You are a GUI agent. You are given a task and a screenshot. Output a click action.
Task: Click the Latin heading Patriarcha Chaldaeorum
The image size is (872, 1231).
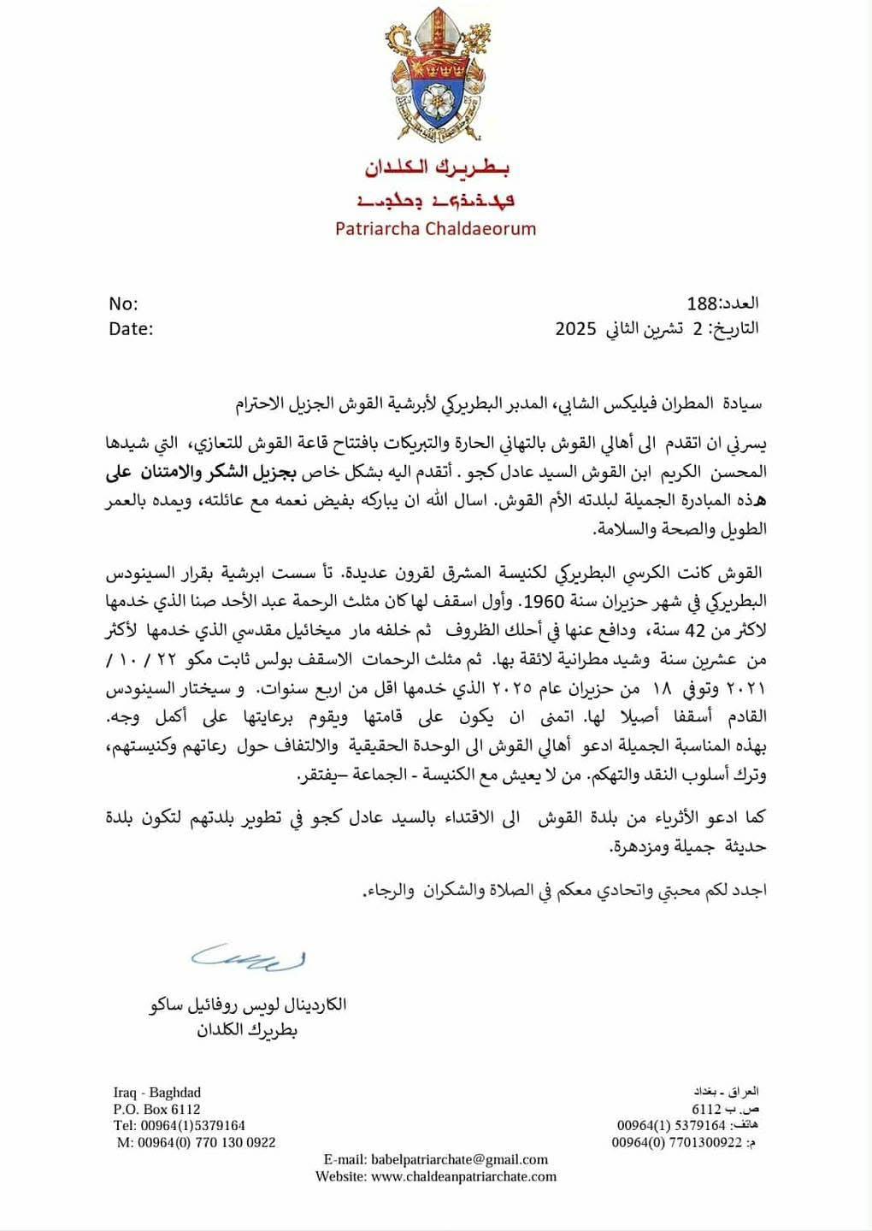[x=435, y=228]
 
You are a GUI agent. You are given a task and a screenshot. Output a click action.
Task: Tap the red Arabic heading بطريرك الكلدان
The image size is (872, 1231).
[x=437, y=168]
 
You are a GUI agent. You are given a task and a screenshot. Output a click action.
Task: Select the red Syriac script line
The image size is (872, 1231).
[x=436, y=201]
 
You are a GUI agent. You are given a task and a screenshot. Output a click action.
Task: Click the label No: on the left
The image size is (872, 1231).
[x=123, y=303]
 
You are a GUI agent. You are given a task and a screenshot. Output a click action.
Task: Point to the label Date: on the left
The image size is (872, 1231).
[x=131, y=328]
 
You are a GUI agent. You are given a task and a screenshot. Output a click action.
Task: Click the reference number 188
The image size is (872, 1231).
[x=702, y=303]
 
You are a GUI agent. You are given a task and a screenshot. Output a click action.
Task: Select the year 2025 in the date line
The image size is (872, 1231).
[x=575, y=328]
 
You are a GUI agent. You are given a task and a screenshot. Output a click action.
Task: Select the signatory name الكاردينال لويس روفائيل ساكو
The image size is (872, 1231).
[x=248, y=1004]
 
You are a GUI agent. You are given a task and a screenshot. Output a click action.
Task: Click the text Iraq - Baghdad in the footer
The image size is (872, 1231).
[x=156, y=1092]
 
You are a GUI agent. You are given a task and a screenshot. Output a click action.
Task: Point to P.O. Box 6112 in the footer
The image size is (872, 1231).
[x=156, y=1109]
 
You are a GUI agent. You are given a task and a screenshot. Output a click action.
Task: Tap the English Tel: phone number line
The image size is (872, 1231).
[x=180, y=1125]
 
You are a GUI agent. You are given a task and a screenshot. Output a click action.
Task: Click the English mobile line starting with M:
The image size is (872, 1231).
[x=196, y=1142]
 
